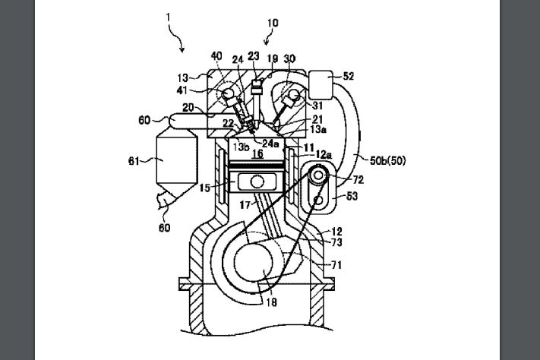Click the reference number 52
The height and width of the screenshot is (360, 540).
coord(349,77)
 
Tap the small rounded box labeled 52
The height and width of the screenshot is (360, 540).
coord(324,81)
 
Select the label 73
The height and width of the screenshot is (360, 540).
coord(335,242)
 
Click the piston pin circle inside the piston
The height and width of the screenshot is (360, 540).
coord(258,182)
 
